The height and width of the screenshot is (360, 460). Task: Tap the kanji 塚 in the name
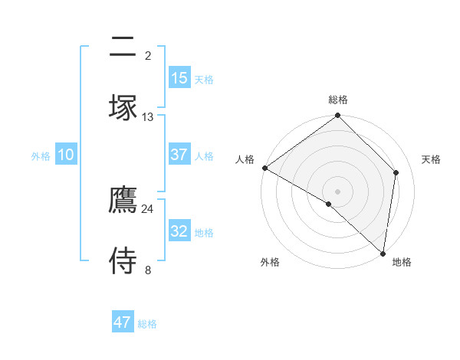click(x=123, y=107)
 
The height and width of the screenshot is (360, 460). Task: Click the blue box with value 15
click(x=179, y=78)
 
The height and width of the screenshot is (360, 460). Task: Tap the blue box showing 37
click(x=179, y=155)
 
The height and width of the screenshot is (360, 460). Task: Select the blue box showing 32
click(x=179, y=231)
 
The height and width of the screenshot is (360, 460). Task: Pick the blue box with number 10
click(x=66, y=155)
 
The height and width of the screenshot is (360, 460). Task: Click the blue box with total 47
click(x=123, y=322)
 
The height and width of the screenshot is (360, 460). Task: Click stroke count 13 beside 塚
click(x=148, y=116)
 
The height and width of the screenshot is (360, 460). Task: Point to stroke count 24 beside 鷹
click(x=148, y=208)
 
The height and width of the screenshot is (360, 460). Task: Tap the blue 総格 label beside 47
click(x=148, y=324)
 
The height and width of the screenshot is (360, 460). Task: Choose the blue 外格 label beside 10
click(x=41, y=156)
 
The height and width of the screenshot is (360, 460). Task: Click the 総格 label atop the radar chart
click(x=338, y=100)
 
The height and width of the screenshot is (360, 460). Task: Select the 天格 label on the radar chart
click(x=432, y=159)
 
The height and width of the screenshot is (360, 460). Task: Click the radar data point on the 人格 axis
click(x=264, y=168)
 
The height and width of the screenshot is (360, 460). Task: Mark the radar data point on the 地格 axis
click(x=383, y=254)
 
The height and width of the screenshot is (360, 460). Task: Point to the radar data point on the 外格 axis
click(x=329, y=204)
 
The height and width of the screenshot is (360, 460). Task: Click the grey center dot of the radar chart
click(x=338, y=191)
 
